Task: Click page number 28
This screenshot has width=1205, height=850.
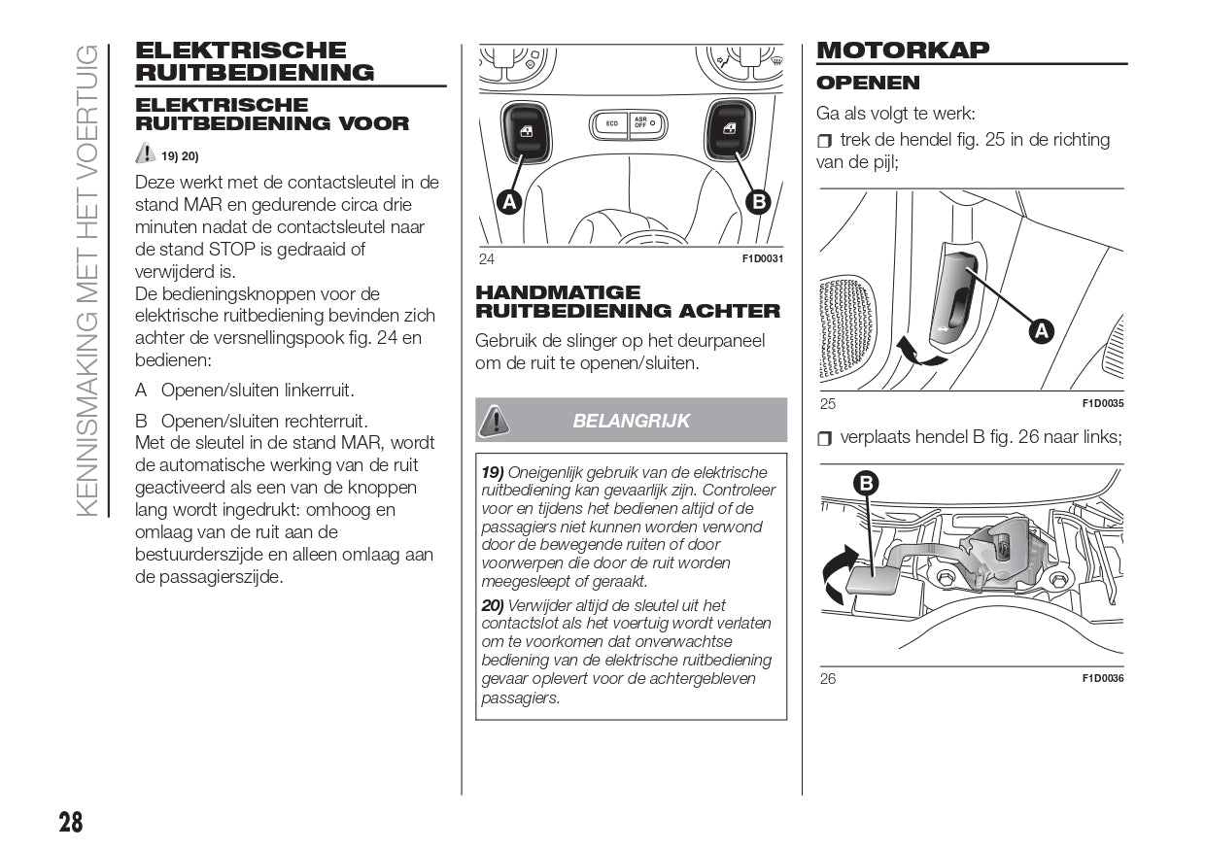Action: tap(70, 822)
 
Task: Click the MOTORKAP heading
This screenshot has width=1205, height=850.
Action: tap(903, 50)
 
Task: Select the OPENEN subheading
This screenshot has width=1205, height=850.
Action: tap(868, 83)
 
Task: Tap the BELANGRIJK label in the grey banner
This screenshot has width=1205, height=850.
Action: tap(631, 421)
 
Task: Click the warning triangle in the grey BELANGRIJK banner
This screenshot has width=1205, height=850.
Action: tap(495, 420)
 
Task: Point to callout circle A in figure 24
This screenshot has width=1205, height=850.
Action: tap(507, 201)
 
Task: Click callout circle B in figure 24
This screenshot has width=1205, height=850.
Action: tap(756, 201)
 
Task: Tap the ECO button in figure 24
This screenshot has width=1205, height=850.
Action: tap(611, 123)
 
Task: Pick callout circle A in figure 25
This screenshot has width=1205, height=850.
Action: tap(1041, 331)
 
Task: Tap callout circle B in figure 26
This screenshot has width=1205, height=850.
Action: tap(866, 483)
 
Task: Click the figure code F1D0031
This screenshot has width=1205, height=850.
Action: tap(762, 258)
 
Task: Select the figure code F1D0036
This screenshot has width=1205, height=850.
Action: tap(1102, 678)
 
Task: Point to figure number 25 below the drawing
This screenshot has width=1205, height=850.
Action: tap(827, 404)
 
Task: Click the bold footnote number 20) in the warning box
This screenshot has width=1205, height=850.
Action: tap(494, 605)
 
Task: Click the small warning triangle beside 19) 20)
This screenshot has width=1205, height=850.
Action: tap(145, 153)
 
